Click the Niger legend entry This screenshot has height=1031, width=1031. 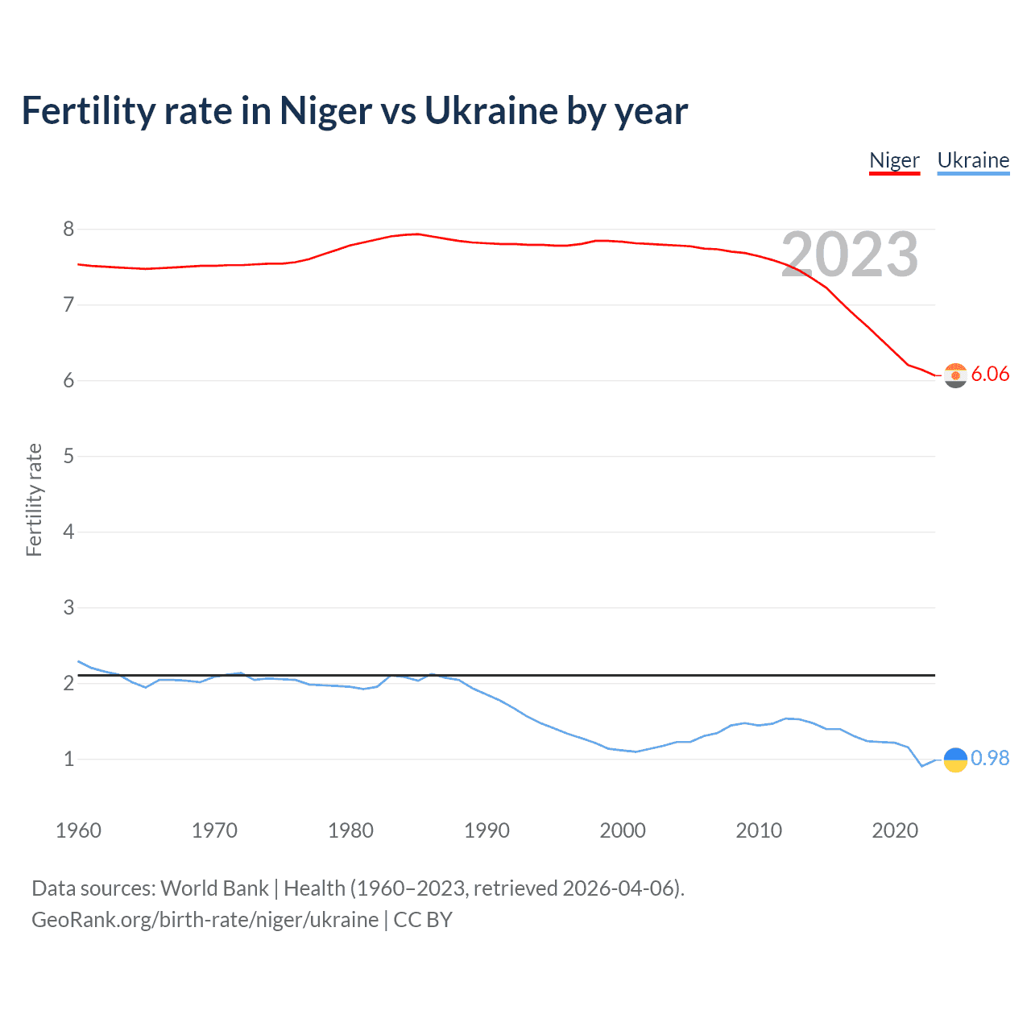coord(894,160)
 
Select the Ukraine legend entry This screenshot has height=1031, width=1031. coord(973,160)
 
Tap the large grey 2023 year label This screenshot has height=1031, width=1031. coord(849,255)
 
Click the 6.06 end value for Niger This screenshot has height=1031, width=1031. coord(990,374)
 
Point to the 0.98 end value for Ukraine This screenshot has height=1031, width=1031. coord(990,758)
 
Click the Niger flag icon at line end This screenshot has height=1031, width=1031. coord(955,375)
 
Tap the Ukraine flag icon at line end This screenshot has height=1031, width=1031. coord(955,760)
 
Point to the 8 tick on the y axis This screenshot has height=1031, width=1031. coord(68,230)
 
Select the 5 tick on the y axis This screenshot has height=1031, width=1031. coord(68,457)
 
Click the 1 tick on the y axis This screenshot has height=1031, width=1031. coord(68,759)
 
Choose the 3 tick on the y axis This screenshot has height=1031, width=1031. coord(68,607)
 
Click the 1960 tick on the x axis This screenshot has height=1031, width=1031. coord(78,830)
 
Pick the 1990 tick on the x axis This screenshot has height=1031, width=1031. coord(487,830)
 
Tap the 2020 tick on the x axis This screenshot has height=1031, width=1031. coord(895,830)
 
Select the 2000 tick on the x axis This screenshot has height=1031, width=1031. coord(623,830)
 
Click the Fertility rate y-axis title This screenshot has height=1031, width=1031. coord(34,499)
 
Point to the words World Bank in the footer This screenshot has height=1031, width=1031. coord(214,888)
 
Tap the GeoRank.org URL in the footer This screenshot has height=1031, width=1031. coord(205,920)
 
